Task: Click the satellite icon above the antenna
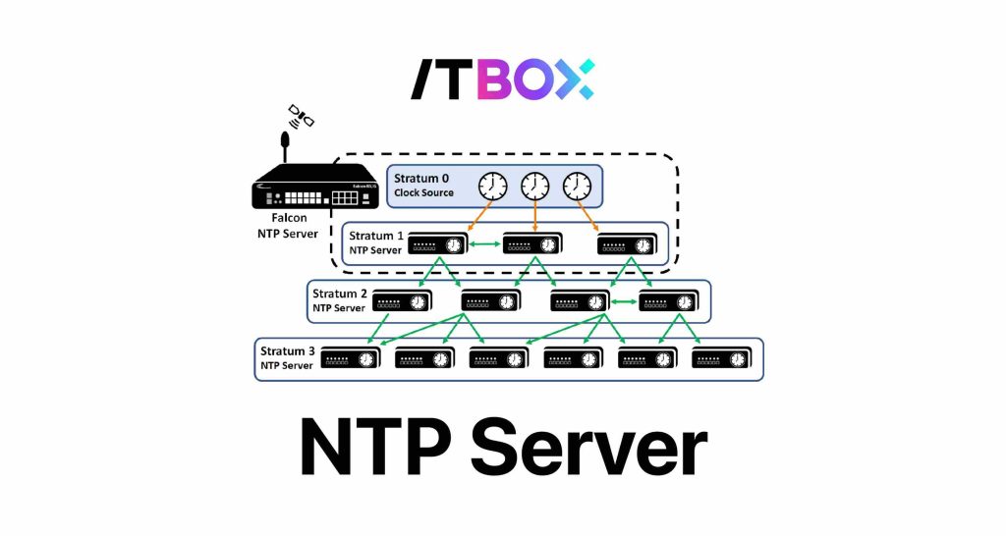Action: (301, 116)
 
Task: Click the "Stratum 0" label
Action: (421, 178)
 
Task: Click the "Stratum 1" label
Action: (376, 236)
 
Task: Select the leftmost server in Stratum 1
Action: (437, 244)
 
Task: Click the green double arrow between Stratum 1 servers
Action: (484, 244)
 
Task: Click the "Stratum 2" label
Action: (340, 294)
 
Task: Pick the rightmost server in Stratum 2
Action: (671, 301)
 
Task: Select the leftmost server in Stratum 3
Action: (351, 358)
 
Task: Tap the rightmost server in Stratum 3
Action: (723, 358)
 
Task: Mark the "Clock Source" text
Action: (423, 193)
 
